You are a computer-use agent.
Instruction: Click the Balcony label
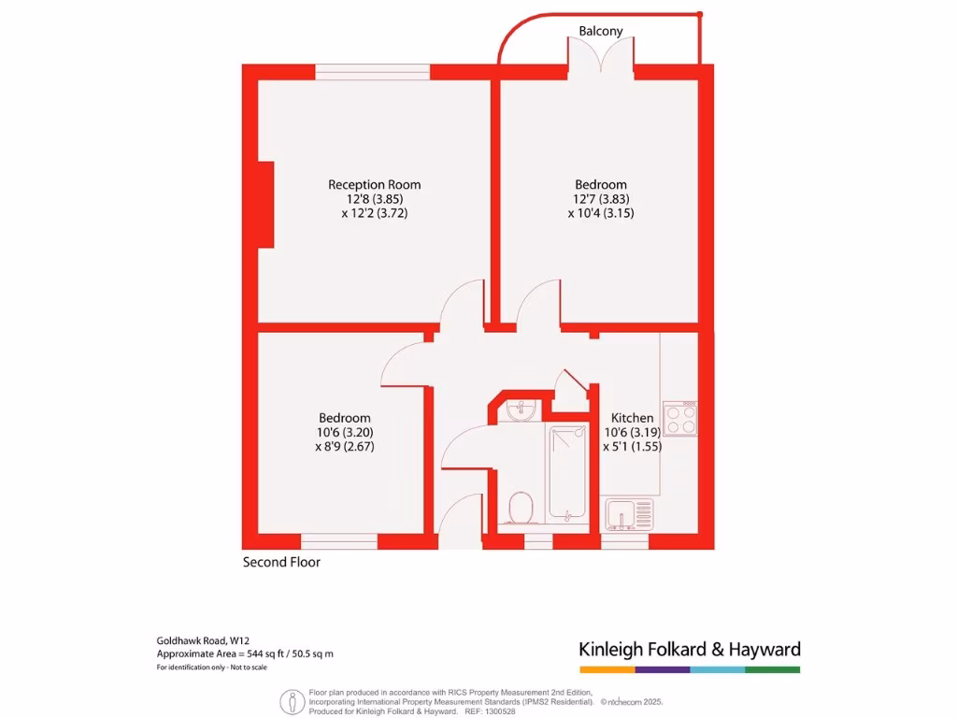pyautogui.click(x=600, y=31)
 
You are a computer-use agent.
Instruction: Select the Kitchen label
pyautogui.click(x=632, y=417)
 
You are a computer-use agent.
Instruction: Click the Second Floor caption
pyautogui.click(x=281, y=562)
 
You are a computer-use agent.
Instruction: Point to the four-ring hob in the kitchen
pyautogui.click(x=679, y=418)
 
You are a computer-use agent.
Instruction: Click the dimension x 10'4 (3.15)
pyautogui.click(x=601, y=213)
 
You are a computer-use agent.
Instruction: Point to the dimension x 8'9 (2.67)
pyautogui.click(x=345, y=447)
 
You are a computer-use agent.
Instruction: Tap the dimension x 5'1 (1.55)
pyautogui.click(x=632, y=447)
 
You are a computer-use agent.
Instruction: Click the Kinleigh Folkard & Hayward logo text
pyautogui.click(x=690, y=649)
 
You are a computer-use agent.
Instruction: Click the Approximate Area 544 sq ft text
pyautogui.click(x=245, y=654)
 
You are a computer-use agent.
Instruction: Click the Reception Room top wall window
pyautogui.click(x=372, y=71)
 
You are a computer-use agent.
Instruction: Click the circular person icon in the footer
pyautogui.click(x=291, y=700)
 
